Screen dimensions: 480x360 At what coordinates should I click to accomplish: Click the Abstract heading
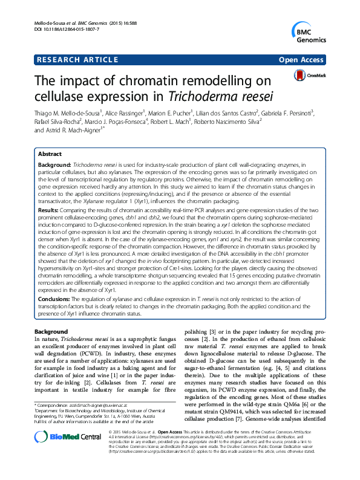51,154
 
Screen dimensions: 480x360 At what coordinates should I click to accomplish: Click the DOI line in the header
59,29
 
